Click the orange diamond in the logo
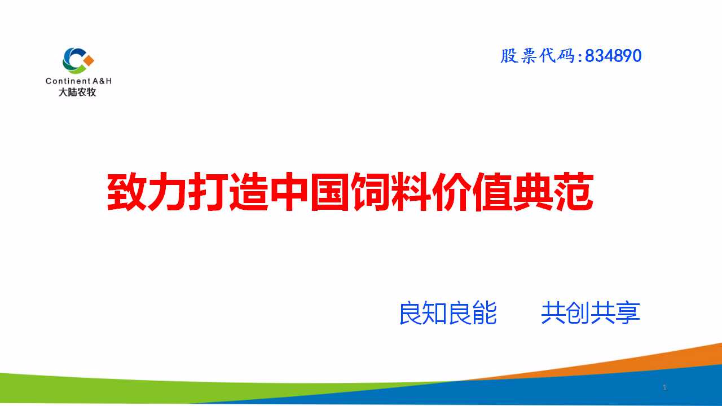89,60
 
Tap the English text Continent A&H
78,81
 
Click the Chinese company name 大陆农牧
77,92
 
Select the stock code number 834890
613,56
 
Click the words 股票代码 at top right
538,56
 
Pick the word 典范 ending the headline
553,192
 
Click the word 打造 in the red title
228,192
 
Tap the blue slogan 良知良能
448,313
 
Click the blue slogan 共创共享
591,313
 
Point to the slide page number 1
664,387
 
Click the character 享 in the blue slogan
628,313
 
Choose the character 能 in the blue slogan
485,313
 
